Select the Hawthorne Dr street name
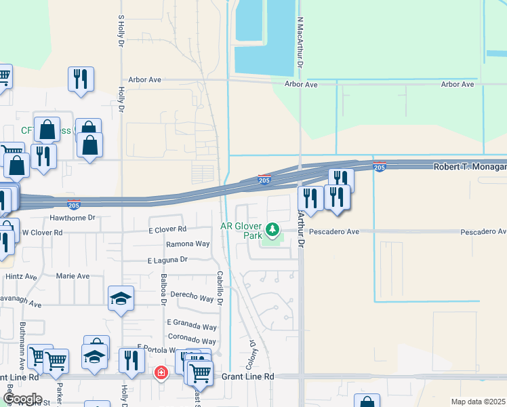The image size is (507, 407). tap(73, 218)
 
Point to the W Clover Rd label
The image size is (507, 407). tap(42, 232)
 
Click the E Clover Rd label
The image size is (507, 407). tap(167, 230)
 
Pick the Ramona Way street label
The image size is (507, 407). tap(188, 244)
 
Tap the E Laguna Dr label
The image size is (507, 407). tap(167, 259)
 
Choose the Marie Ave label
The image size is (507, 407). tap(73, 276)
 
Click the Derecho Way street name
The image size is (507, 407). tap(193, 296)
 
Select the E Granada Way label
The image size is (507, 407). tap(191, 326)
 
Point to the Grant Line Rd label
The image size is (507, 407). tap(247, 376)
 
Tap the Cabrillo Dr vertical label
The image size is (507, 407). tap(220, 288)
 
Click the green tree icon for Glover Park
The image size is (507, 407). tap(272, 231)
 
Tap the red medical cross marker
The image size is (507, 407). tap(161, 372)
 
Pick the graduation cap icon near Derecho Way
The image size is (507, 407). tap(121, 298)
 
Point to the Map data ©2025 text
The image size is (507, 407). tap(477, 402)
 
